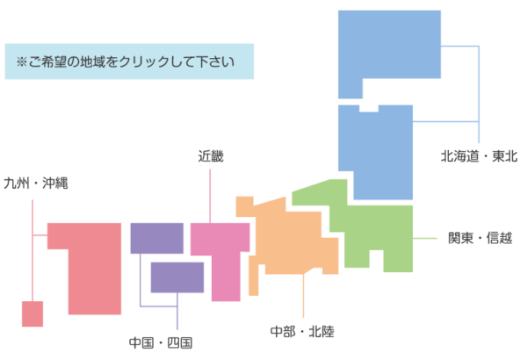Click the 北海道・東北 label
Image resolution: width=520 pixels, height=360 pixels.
click(479, 156)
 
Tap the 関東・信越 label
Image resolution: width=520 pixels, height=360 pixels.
click(480, 238)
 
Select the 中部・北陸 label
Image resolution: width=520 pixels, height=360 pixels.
click(302, 332)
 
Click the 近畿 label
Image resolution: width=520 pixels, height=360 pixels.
click(211, 156)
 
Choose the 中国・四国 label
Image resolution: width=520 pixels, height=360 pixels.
click(161, 342)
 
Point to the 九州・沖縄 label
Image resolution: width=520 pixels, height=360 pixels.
click(36, 183)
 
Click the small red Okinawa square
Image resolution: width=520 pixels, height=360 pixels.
click(32, 314)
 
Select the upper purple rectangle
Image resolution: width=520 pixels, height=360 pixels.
click(157, 238)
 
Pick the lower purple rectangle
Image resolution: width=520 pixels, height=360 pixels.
click(177, 277)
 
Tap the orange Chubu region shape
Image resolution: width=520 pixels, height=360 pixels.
click(288, 242)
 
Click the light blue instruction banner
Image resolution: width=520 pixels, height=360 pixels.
click(129, 61)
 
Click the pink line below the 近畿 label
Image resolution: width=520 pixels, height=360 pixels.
click(210, 196)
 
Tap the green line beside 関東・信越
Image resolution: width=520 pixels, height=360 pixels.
click(425, 238)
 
